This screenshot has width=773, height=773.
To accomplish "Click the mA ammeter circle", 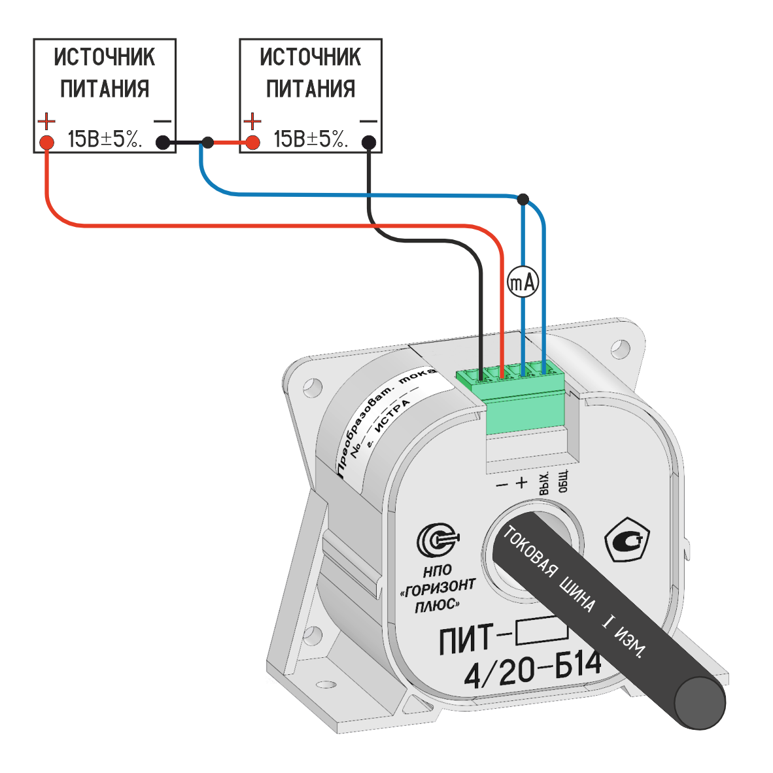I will click(523, 283).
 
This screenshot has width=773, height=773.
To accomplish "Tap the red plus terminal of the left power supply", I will click(46, 142).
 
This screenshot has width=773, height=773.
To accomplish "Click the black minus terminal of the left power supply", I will click(162, 142).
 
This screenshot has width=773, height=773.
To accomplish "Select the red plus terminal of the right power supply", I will click(252, 142).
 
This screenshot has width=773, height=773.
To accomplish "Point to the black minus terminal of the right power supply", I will click(369, 142).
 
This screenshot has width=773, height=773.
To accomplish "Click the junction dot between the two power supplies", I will click(207, 142).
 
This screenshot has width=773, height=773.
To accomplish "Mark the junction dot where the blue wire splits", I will click(523, 198).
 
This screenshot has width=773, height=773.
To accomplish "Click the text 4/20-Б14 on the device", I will click(531, 670).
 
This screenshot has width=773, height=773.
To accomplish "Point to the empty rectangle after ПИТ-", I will click(541, 630).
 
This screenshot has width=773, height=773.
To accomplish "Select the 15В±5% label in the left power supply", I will click(105, 139).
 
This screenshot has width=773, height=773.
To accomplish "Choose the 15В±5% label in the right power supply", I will click(310, 139).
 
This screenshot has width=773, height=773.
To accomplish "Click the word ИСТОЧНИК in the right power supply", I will click(310, 58).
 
